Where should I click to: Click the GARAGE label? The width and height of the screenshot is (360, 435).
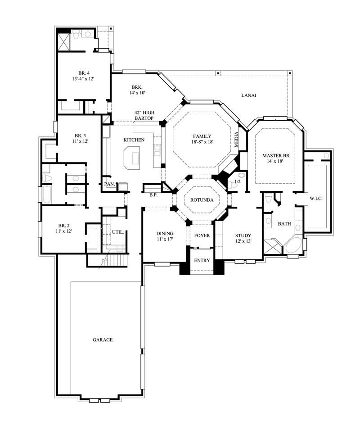pos(103,340)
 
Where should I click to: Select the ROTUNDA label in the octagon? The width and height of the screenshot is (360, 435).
pos(202,199)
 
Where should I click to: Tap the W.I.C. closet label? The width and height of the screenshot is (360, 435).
pos(315,198)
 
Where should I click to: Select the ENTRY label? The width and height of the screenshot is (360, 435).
pos(202,261)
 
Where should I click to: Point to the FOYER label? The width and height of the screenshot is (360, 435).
pos(202,236)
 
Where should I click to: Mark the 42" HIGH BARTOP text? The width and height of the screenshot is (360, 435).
pos(144,115)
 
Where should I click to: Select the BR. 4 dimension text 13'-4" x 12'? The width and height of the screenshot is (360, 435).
pos(84,79)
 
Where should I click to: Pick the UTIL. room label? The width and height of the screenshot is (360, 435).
pos(118,232)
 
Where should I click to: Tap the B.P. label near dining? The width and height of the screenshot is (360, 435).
pos(153,195)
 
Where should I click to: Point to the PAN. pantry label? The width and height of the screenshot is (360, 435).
pos(109,184)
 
